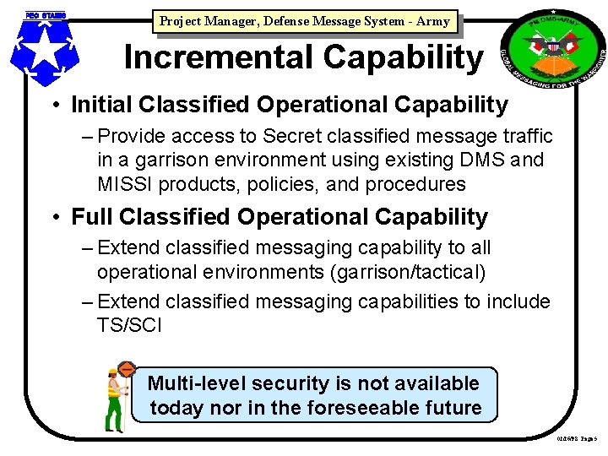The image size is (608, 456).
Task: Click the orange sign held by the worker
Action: point(127,370)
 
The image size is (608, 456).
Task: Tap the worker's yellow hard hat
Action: point(112,372)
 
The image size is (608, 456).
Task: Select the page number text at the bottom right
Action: point(577,438)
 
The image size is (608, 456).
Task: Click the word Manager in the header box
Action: point(234,21)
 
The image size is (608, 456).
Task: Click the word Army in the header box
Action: point(433,21)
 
